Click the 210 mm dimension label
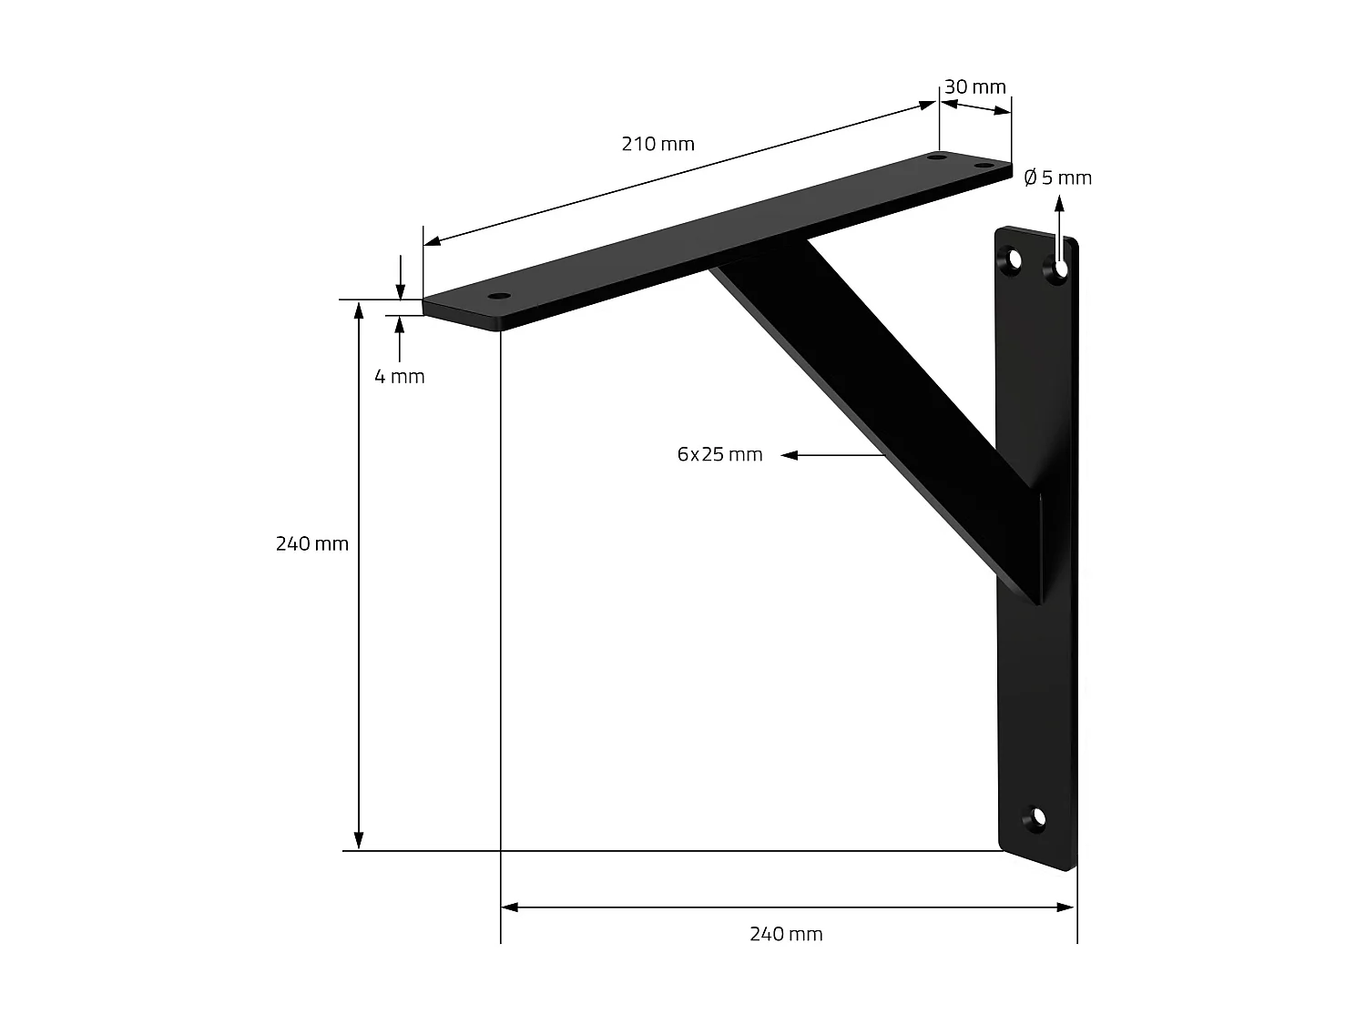click(x=658, y=144)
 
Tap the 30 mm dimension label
click(x=974, y=87)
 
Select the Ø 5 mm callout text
click(x=1057, y=177)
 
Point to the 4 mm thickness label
click(x=400, y=376)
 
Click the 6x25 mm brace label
click(x=719, y=454)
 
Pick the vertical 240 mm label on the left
click(x=312, y=544)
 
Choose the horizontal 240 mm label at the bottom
click(x=786, y=934)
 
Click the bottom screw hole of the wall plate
click(x=1036, y=816)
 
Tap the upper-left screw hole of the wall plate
click(x=1013, y=261)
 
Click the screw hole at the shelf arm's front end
click(x=498, y=297)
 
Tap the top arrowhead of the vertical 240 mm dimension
click(x=360, y=309)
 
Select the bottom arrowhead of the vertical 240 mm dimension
click(x=360, y=840)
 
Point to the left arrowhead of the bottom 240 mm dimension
click(x=510, y=907)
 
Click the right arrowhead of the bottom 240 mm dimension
click(x=1066, y=907)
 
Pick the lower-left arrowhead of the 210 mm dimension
click(x=433, y=241)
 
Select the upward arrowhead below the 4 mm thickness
click(x=400, y=323)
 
